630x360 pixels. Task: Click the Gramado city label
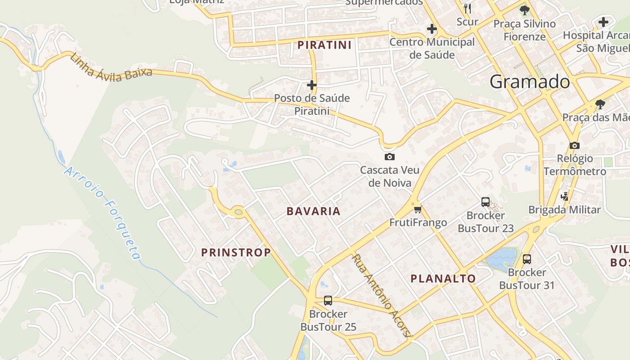[x=530, y=82]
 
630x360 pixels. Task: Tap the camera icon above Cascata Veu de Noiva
[x=390, y=157]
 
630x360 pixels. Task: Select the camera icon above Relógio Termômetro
[x=574, y=145]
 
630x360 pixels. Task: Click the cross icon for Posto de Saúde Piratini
[x=312, y=85]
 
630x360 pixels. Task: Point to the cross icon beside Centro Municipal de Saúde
[x=432, y=29]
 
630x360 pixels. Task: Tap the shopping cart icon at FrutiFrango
[x=418, y=209]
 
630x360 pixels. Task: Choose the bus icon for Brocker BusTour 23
[x=486, y=202]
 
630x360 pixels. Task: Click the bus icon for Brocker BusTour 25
[x=328, y=301]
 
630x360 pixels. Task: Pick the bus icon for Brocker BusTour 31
[x=527, y=259]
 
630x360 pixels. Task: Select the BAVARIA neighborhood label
[x=314, y=211]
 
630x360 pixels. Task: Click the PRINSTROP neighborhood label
[x=236, y=252]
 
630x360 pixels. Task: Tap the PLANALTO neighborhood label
[x=443, y=279]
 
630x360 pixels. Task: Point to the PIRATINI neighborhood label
[x=324, y=45]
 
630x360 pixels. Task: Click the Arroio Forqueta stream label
[x=103, y=213]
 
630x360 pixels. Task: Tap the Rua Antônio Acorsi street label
[x=381, y=295]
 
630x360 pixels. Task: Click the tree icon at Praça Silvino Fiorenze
[x=524, y=10]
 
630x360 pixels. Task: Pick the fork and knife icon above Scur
[x=468, y=8]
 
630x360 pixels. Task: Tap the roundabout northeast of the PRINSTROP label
[x=238, y=211]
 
